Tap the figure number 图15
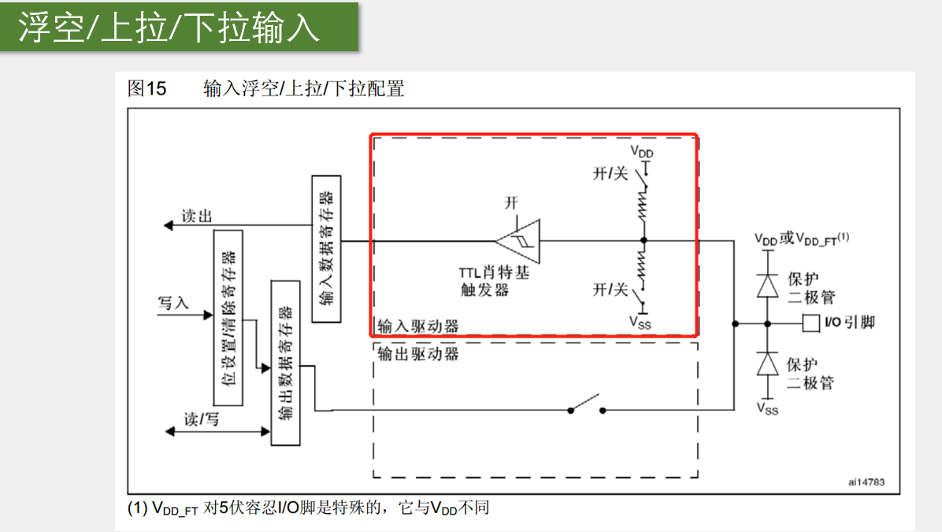pyautogui.click(x=147, y=88)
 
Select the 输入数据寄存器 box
pyautogui.click(x=327, y=248)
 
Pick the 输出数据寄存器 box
pyautogui.click(x=285, y=362)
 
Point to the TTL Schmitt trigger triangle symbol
pyautogui.click(x=519, y=240)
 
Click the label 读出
pyautogui.click(x=197, y=216)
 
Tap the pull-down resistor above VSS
pyautogui.click(x=643, y=268)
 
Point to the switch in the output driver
pyautogui.click(x=587, y=405)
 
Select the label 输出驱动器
pyautogui.click(x=417, y=353)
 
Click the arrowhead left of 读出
pyautogui.click(x=168, y=227)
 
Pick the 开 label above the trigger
pyautogui.click(x=512, y=203)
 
